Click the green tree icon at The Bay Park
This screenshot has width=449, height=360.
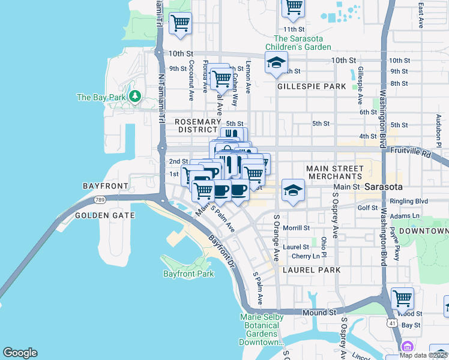tap(136, 96)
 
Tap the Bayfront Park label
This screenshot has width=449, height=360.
tap(188, 274)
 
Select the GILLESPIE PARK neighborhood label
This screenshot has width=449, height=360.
tap(312, 86)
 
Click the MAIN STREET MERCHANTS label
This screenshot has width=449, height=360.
tap(334, 172)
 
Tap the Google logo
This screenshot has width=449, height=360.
tap(20, 353)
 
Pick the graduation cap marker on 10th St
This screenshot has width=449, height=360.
tap(276, 63)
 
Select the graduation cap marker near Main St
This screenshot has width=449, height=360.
tap(292, 191)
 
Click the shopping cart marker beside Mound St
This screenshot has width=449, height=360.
tap(402, 298)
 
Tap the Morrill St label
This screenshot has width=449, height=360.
tap(297, 228)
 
